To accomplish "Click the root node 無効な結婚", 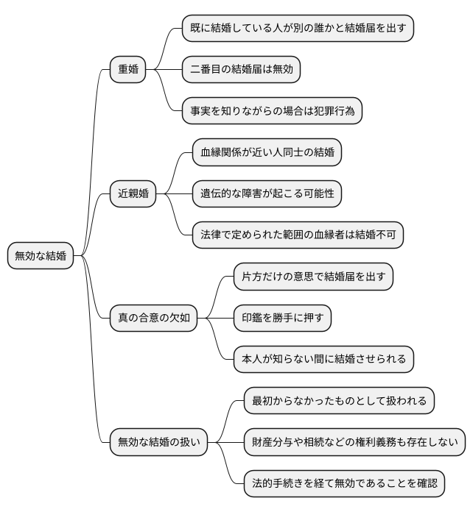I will click(41, 256).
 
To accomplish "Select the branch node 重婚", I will click(128, 71).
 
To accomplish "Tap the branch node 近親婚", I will click(133, 194).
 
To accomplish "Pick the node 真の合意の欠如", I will click(154, 318).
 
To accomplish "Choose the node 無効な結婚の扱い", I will click(158, 442).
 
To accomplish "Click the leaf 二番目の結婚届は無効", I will click(241, 71).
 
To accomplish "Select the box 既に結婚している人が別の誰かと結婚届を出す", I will click(298, 29).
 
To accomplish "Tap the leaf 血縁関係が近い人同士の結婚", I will click(267, 153).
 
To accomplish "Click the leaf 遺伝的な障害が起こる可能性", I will click(267, 194).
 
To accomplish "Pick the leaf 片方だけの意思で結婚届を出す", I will click(313, 277).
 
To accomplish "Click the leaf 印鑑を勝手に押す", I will click(282, 318).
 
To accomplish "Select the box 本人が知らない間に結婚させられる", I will click(323, 360).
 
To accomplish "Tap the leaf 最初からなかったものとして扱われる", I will click(339, 401).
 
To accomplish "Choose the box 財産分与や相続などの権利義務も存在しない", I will click(354, 442).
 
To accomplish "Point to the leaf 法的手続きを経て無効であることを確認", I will click(344, 483).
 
